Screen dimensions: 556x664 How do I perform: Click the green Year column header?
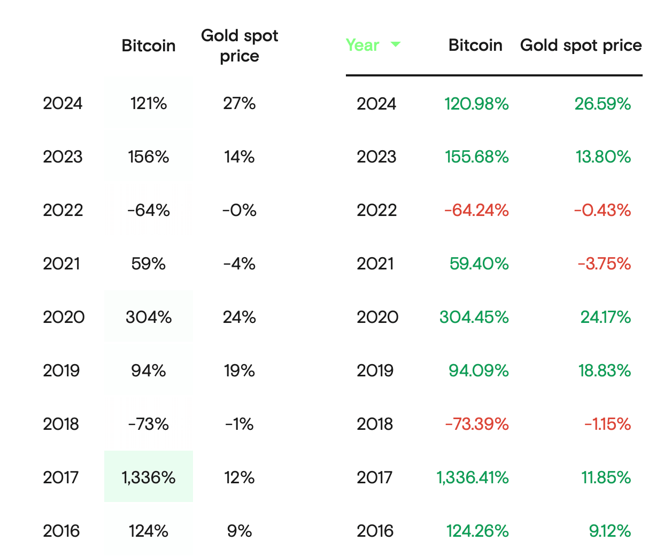[x=362, y=45]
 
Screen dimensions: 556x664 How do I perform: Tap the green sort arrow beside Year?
[x=396, y=44]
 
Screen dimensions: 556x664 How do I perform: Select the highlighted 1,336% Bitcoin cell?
[x=149, y=477]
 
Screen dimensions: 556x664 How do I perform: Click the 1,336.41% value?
[x=473, y=477]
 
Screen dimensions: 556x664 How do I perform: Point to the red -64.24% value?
[x=476, y=210]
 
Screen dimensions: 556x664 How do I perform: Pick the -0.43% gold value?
[x=603, y=210]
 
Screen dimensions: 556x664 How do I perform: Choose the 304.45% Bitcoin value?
[x=474, y=317]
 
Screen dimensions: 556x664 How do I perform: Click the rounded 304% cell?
[x=149, y=317]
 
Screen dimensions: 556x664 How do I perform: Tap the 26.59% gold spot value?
[x=603, y=103]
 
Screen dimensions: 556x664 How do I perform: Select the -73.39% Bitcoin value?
[x=477, y=424]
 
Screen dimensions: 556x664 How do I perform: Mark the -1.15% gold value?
[x=607, y=424]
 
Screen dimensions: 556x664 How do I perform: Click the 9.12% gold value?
[x=610, y=531]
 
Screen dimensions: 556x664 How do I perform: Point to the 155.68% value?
[x=477, y=157]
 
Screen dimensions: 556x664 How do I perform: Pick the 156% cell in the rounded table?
[x=149, y=157]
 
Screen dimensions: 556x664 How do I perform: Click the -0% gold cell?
[x=240, y=210]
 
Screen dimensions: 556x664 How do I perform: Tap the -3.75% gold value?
[x=604, y=264]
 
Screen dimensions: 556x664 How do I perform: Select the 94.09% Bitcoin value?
[x=478, y=370]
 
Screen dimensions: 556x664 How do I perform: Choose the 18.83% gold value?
[x=605, y=370]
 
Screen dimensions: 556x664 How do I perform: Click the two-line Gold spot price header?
[x=240, y=45]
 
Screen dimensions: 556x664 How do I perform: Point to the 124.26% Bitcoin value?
[x=477, y=531]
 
